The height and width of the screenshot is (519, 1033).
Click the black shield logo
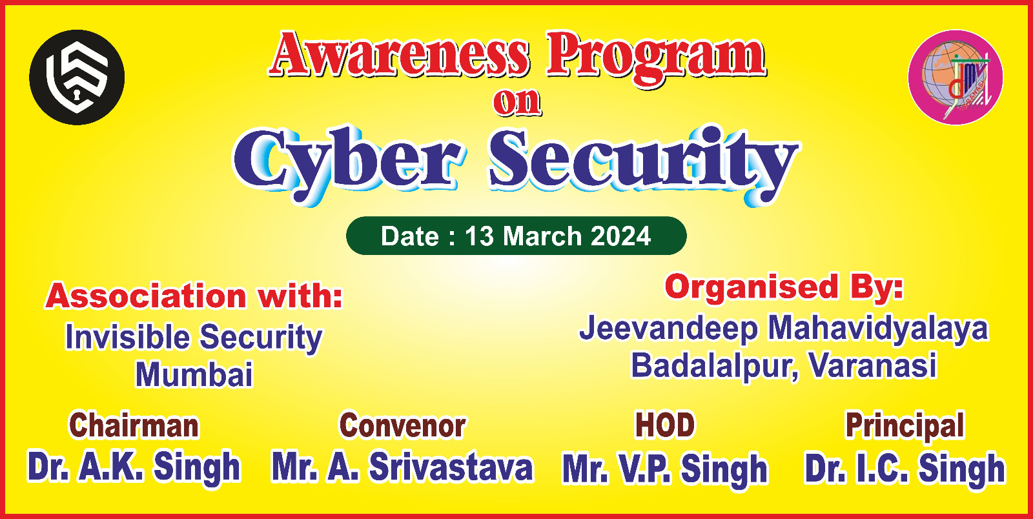tap(77, 77)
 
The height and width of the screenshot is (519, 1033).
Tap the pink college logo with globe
tap(956, 77)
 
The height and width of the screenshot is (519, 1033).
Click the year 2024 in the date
tap(620, 236)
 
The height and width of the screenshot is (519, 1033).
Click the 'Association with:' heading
tap(194, 296)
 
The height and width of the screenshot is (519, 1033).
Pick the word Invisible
tap(127, 336)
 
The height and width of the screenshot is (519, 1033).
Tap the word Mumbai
tap(194, 374)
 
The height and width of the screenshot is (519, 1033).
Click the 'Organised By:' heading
tap(784, 287)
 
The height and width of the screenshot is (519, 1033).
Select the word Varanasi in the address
tap(873, 366)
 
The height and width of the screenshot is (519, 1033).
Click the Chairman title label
tap(134, 425)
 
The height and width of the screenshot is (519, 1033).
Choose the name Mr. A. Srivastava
tap(403, 467)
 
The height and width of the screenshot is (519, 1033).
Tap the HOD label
tap(664, 425)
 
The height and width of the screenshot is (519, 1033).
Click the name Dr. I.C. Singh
tap(905, 468)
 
